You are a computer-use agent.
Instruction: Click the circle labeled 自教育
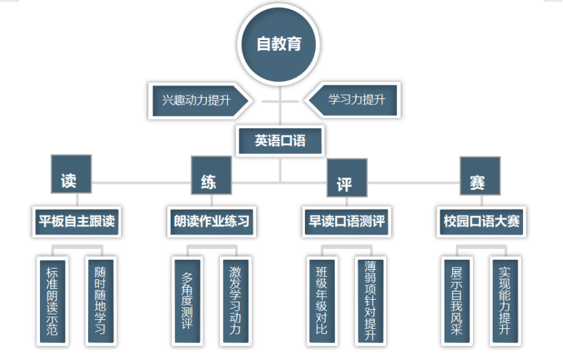[x=278, y=45]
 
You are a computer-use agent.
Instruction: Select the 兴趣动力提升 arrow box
[x=196, y=100]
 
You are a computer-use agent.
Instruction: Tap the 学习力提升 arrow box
[x=357, y=100]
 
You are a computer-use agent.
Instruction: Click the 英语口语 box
[x=280, y=141]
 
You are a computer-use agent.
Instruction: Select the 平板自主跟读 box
[x=77, y=221]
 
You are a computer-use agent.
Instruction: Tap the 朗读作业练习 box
[x=211, y=221]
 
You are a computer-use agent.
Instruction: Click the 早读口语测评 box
[x=347, y=221]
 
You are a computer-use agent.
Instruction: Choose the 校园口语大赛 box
[x=481, y=221]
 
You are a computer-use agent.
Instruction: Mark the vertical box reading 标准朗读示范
[x=53, y=300]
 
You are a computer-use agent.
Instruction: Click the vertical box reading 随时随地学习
[x=99, y=300]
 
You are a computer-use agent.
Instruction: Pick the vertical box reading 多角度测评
[x=188, y=300]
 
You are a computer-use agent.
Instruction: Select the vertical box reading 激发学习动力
[x=234, y=300]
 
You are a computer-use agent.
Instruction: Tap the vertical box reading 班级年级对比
[x=322, y=300]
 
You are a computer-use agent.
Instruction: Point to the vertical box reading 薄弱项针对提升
[x=369, y=300]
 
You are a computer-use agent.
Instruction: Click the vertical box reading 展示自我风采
[x=457, y=300]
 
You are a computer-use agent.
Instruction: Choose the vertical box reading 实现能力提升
[x=503, y=300]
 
